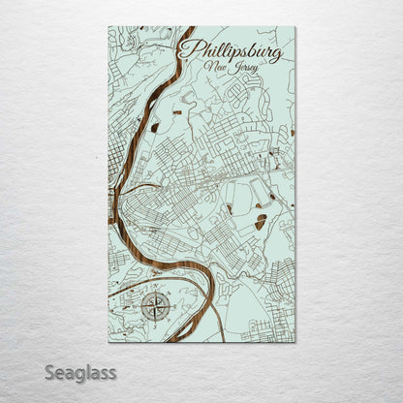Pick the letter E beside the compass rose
(x=174, y=309)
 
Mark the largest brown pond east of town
(x=260, y=222)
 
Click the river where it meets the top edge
(x=188, y=28)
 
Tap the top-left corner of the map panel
(x=108, y=26)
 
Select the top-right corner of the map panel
(x=295, y=26)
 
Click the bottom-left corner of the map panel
(x=108, y=342)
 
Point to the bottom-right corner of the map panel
(x=295, y=342)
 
